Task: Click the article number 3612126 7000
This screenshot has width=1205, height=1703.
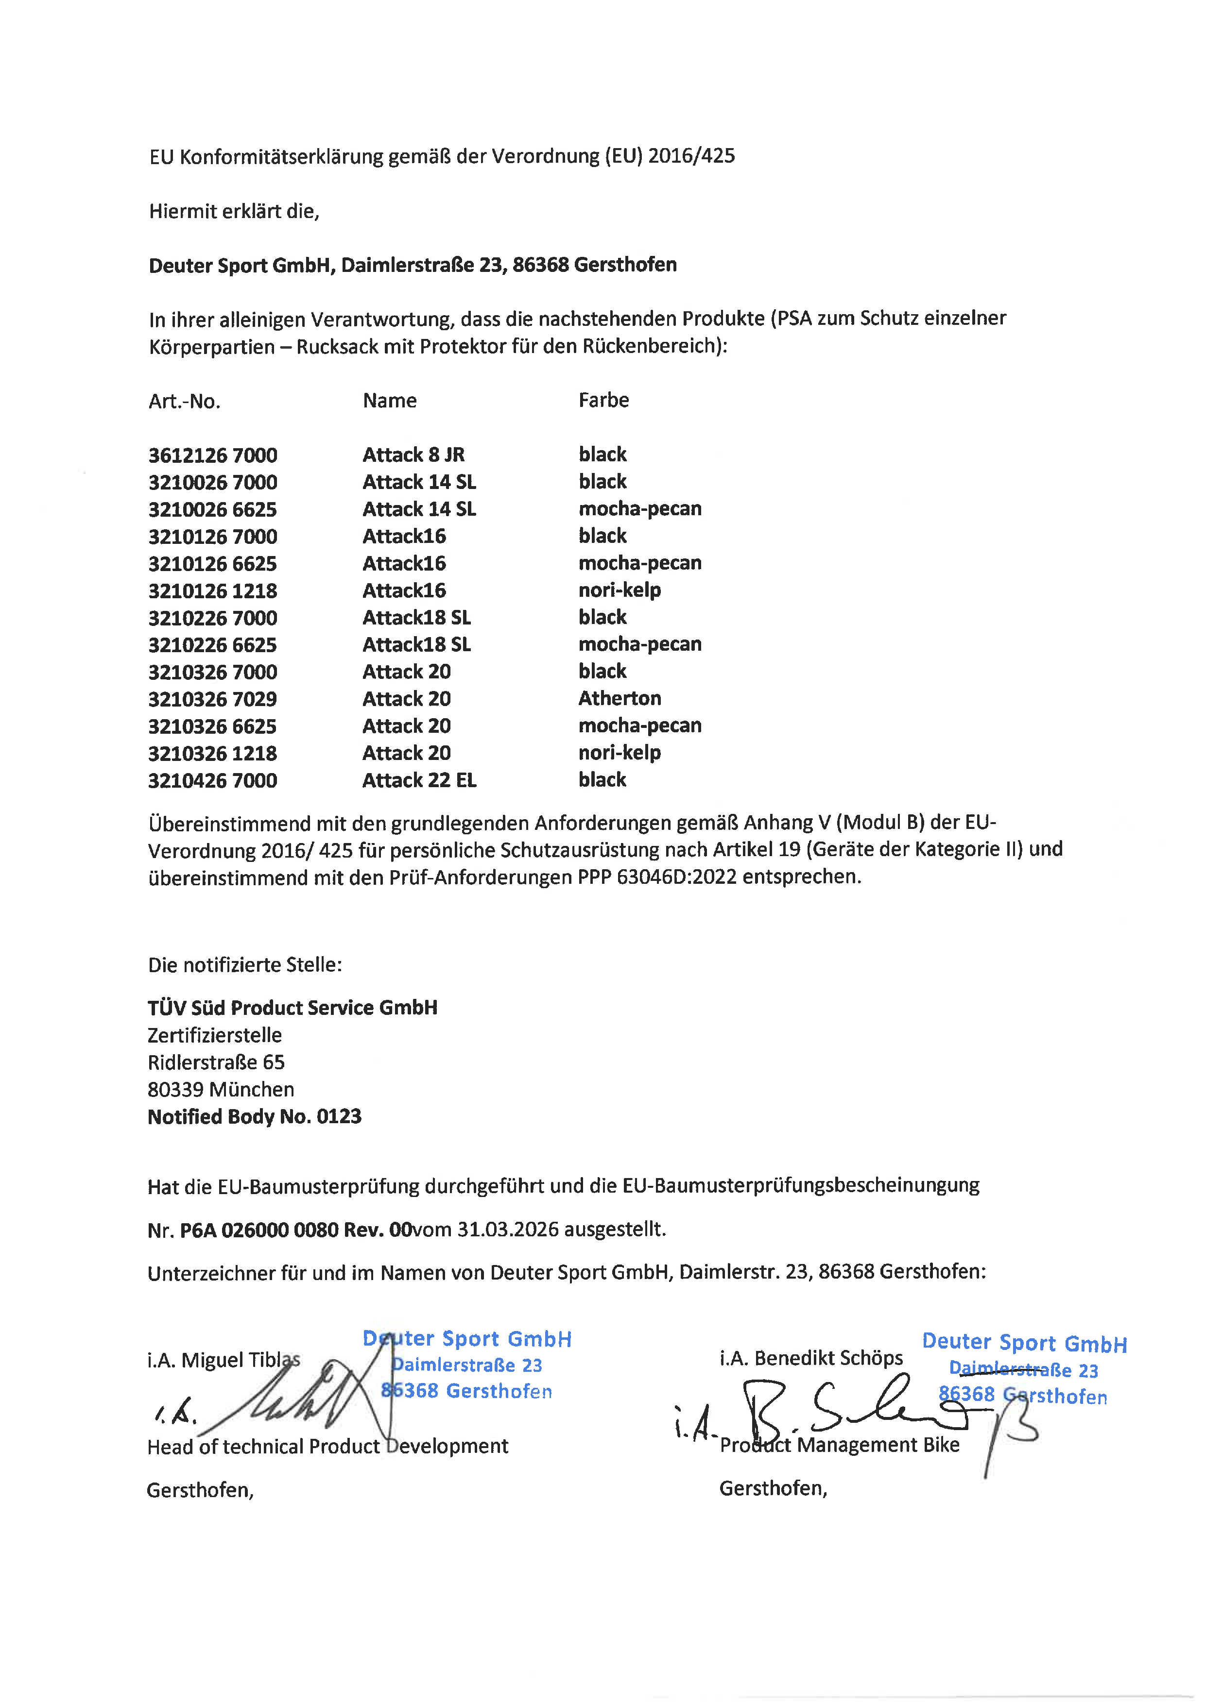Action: click(213, 455)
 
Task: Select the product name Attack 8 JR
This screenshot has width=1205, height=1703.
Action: click(413, 455)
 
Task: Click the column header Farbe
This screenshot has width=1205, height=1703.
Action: click(603, 401)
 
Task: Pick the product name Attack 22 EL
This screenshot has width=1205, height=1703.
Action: click(419, 780)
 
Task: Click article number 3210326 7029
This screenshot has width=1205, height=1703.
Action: click(213, 699)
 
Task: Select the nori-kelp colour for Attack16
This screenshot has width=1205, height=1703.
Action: click(620, 590)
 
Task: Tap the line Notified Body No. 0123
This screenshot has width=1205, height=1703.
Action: click(255, 1116)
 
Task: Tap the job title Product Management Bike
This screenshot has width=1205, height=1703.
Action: click(839, 1444)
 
